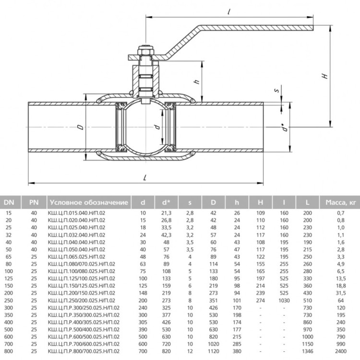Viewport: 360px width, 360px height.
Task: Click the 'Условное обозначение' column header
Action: click(x=89, y=202)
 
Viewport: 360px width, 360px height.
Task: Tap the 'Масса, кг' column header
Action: click(x=340, y=202)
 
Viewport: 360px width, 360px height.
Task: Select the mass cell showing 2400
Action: click(x=340, y=351)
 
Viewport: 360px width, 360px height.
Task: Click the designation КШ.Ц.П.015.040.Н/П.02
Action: click(x=76, y=213)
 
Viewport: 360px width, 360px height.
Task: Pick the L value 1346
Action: click(x=307, y=351)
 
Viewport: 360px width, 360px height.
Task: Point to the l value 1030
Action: click(x=284, y=300)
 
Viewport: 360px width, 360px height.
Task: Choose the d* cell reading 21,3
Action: click(x=166, y=213)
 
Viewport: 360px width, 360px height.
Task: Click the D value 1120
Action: click(x=213, y=351)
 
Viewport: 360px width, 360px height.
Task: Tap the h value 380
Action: click(x=237, y=351)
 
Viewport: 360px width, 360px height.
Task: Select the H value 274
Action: click(x=260, y=300)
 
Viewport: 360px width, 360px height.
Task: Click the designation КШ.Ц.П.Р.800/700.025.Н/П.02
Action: click(x=84, y=351)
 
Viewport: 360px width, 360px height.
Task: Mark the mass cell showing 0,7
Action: click(x=340, y=213)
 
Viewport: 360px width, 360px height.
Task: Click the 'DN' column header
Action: click(x=9, y=202)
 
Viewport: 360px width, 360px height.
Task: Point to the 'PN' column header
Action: click(x=34, y=202)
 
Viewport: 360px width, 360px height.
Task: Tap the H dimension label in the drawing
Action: click(x=325, y=76)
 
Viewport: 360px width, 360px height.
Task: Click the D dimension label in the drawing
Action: click(x=81, y=127)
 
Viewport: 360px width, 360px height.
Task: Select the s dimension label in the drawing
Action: click(x=277, y=90)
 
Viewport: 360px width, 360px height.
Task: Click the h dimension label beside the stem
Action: click(x=197, y=81)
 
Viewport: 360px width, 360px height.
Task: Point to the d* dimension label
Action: click(x=286, y=127)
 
